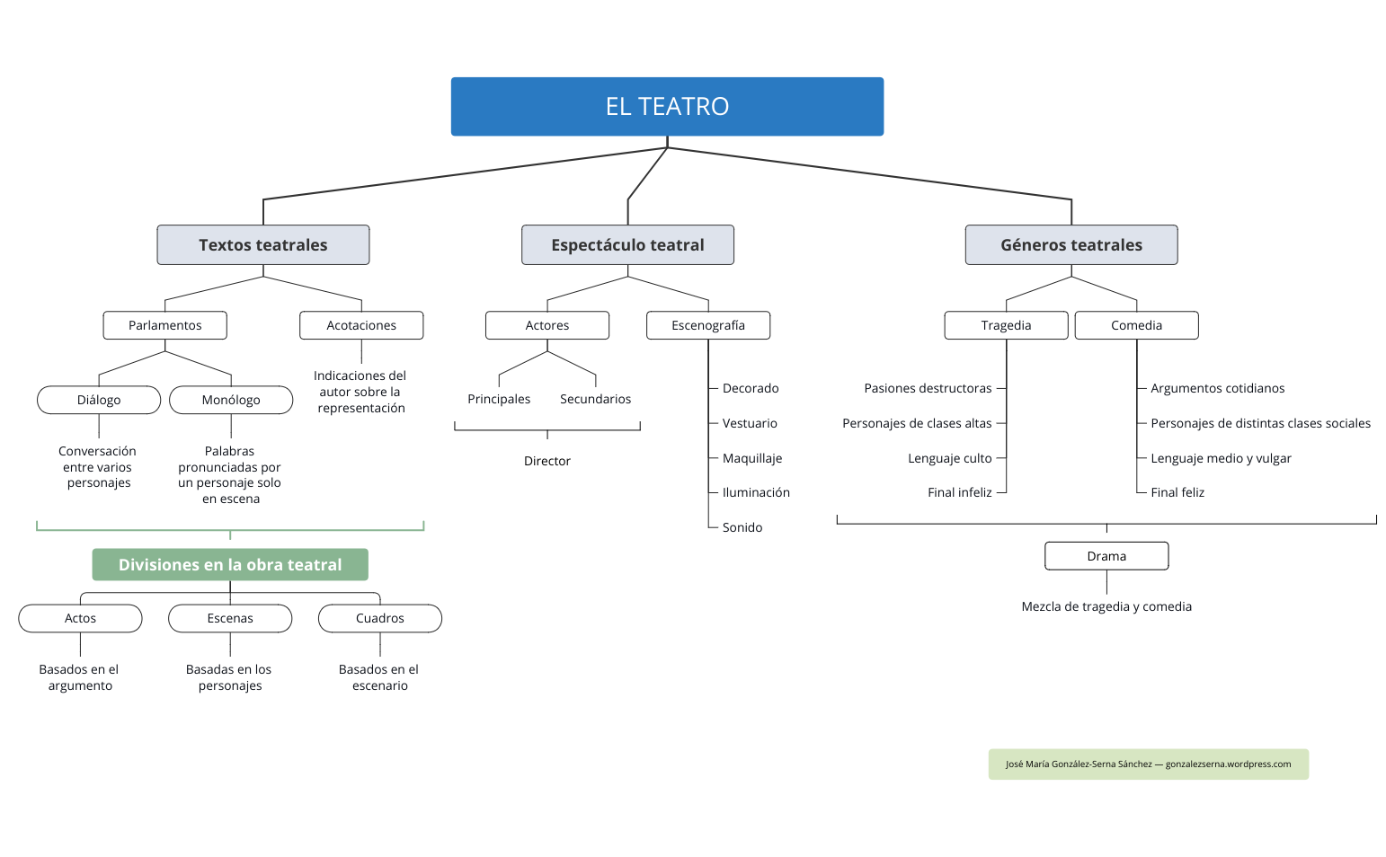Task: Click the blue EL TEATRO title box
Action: click(x=667, y=106)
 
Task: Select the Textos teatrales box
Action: click(x=263, y=244)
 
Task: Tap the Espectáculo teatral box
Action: click(x=627, y=244)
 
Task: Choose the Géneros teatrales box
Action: click(x=1071, y=244)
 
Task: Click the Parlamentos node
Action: click(x=164, y=325)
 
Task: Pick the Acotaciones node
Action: click(x=361, y=325)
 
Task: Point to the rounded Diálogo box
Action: click(x=99, y=400)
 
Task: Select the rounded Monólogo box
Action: click(x=231, y=400)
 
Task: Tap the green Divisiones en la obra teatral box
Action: click(x=230, y=564)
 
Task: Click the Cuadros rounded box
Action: click(x=380, y=618)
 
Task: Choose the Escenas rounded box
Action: click(x=230, y=618)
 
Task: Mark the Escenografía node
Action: click(x=708, y=325)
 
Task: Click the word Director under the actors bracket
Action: click(x=547, y=461)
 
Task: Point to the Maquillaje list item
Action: click(x=752, y=458)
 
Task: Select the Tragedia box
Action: click(x=1006, y=325)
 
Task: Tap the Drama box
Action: click(x=1106, y=556)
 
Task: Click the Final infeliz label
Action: click(x=960, y=492)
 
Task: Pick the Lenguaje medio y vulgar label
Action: click(x=1221, y=458)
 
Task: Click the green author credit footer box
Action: click(x=1148, y=764)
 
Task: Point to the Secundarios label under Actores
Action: click(x=595, y=399)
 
